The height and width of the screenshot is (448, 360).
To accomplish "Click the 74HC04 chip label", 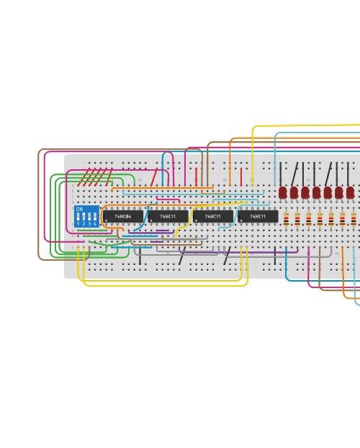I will (123, 216).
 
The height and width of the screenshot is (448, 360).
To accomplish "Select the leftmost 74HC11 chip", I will (168, 216).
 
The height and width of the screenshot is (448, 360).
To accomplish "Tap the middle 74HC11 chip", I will (212, 216).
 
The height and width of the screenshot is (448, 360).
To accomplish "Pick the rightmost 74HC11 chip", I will (258, 216).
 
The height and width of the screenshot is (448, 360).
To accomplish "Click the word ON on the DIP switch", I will (79, 210).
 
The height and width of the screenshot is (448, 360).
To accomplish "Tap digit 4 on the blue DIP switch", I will (94, 224).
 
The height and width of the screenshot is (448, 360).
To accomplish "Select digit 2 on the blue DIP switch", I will (84, 224).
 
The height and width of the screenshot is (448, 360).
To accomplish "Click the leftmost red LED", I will (283, 192).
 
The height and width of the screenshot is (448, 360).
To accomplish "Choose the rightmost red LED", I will (350, 192).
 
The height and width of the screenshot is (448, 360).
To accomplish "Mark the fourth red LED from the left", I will (317, 192).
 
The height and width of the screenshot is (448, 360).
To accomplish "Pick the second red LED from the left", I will (294, 192).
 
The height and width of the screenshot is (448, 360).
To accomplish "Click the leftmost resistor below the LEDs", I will (286, 219).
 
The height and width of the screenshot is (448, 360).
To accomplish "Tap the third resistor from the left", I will (309, 219).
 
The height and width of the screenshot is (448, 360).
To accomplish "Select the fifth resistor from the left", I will (331, 219).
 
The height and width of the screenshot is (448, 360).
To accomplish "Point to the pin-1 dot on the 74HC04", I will (107, 220).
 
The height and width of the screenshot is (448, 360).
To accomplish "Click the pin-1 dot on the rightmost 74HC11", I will (241, 220).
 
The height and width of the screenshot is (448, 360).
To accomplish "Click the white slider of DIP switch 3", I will (89, 216).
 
